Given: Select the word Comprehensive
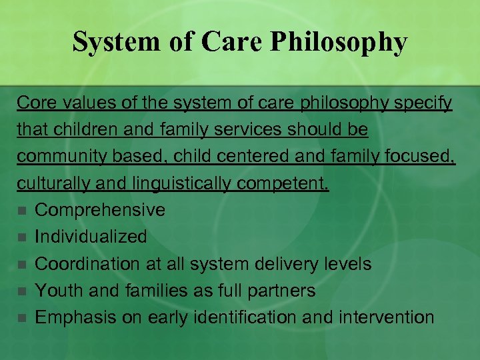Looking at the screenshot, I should pyautogui.click(x=100, y=210).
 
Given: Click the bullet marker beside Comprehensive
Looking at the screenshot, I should pyautogui.click(x=22, y=211).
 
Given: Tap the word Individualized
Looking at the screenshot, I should pyautogui.click(x=91, y=237).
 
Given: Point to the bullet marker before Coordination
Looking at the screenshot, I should pyautogui.click(x=22, y=265).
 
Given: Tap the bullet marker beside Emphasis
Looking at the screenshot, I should pyautogui.click(x=22, y=318).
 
